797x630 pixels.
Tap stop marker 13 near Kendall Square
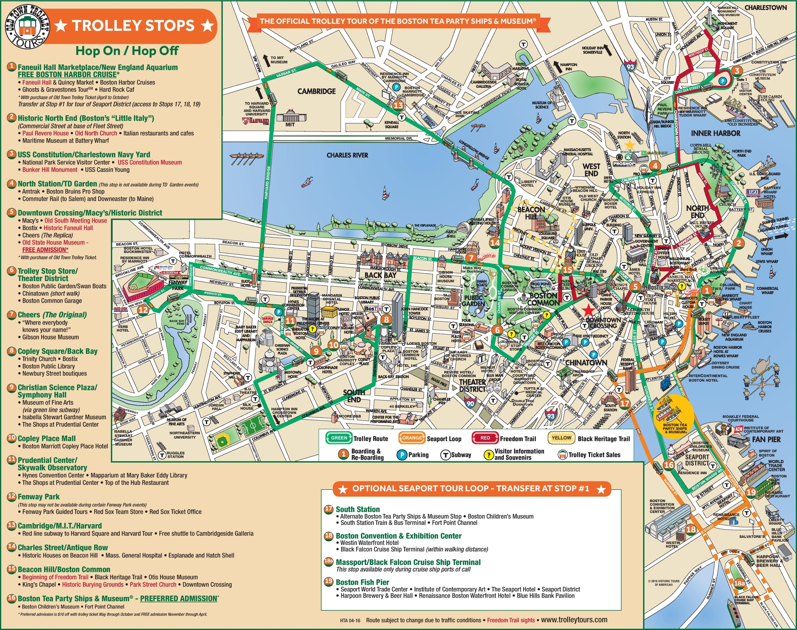[398, 105]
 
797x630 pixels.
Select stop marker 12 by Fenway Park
[143, 309]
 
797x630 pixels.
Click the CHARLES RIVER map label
[347, 155]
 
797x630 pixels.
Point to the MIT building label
[290, 124]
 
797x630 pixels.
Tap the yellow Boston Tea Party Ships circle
[675, 414]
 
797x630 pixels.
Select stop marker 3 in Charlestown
[737, 71]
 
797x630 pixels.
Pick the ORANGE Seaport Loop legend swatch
[412, 438]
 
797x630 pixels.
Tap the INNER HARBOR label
[715, 133]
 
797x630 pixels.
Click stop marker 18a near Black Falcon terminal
[739, 583]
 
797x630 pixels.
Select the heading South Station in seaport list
[357, 509]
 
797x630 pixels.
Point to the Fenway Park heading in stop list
[38, 496]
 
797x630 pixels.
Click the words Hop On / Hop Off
[127, 51]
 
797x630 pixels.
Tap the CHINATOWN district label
[586, 363]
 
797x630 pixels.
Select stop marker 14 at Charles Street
[495, 243]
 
